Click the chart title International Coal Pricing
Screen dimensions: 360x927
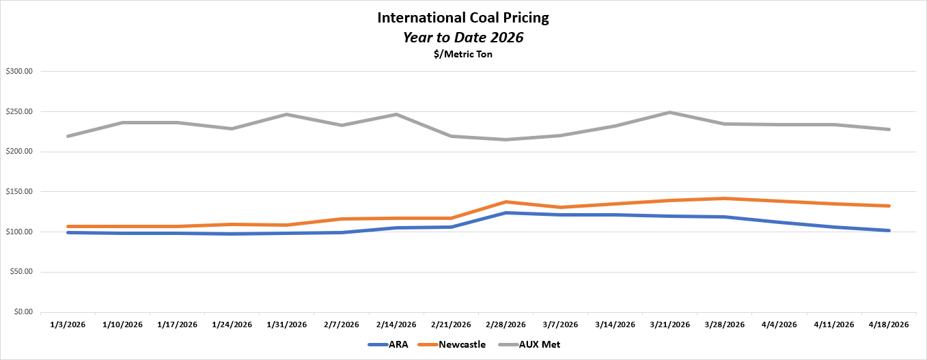(x=462, y=18)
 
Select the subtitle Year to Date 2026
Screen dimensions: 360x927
(x=462, y=38)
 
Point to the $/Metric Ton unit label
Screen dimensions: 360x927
(x=462, y=55)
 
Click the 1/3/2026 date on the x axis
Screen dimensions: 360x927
(x=68, y=324)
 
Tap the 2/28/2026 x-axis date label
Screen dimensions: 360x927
(x=506, y=324)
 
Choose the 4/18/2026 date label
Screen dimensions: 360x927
(x=888, y=324)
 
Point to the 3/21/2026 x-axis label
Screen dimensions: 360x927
(x=669, y=324)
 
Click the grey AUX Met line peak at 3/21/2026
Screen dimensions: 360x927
(x=669, y=112)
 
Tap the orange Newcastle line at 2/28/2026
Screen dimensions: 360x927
(x=506, y=202)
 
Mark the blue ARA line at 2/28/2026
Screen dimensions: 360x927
(x=506, y=212)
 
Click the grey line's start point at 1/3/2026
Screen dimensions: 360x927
(x=68, y=136)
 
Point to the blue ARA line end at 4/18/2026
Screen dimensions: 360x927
(x=888, y=230)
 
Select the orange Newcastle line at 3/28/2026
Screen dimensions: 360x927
(x=724, y=198)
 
